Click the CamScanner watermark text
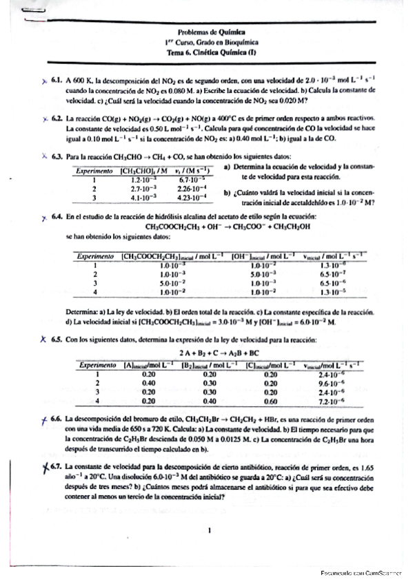[365, 573]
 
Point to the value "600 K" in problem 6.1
[81, 81]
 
